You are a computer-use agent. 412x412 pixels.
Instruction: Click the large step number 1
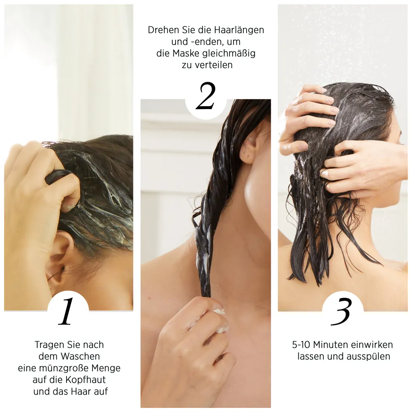pyautogui.click(x=66, y=311)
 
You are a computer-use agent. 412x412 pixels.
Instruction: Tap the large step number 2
pyautogui.click(x=206, y=96)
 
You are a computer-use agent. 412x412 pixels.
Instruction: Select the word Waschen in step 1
pyautogui.click(x=80, y=356)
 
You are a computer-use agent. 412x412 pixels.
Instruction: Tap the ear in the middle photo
pyautogui.click(x=248, y=147)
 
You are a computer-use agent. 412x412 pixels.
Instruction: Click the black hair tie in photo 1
pyautogui.click(x=56, y=176)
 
